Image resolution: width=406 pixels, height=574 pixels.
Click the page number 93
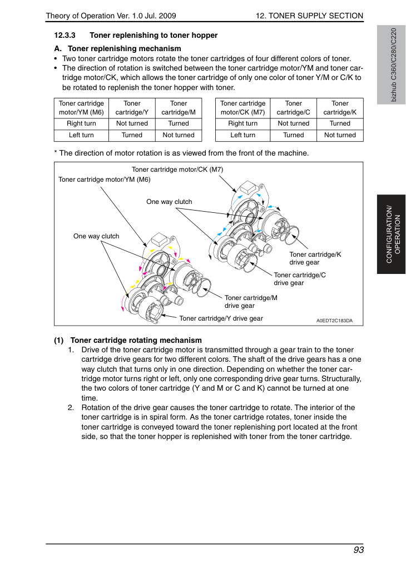[x=358, y=550]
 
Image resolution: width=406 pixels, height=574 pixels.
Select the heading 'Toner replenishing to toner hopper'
[x=154, y=35]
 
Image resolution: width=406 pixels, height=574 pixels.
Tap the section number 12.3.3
[x=65, y=35]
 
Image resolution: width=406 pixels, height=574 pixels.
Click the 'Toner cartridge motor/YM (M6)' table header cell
[x=81, y=108]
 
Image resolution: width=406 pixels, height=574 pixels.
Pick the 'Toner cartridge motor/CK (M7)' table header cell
[x=242, y=108]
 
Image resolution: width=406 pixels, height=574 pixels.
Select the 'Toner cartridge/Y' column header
[x=132, y=108]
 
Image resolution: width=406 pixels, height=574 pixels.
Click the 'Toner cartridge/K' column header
[x=340, y=108]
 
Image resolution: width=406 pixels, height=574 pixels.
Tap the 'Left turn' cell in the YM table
[x=81, y=135]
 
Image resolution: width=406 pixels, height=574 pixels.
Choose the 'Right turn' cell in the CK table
[x=242, y=123]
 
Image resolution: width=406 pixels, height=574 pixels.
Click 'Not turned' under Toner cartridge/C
[x=294, y=123]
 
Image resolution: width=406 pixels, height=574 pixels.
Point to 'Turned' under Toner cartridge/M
[x=179, y=123]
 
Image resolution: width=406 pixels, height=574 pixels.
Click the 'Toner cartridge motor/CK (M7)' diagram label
[x=177, y=169]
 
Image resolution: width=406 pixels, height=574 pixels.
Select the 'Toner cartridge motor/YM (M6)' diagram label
[x=105, y=179]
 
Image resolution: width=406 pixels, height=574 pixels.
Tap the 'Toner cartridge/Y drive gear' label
[x=221, y=318]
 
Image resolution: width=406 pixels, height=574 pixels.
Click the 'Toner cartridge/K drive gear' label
[x=315, y=258]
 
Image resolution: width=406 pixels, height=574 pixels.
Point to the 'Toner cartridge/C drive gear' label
[x=300, y=279]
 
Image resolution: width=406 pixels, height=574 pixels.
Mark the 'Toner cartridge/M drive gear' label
[x=251, y=302]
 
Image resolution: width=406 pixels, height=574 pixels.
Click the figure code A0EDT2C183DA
[x=335, y=321]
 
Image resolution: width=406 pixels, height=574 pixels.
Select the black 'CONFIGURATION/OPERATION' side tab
[x=392, y=234]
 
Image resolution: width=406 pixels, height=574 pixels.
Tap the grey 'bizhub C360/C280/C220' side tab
[x=392, y=65]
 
